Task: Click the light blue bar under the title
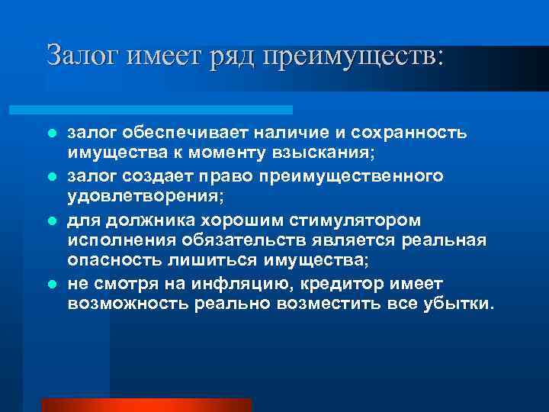pyautogui.click(x=168, y=110)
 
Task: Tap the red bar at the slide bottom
pyautogui.click(x=145, y=404)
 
